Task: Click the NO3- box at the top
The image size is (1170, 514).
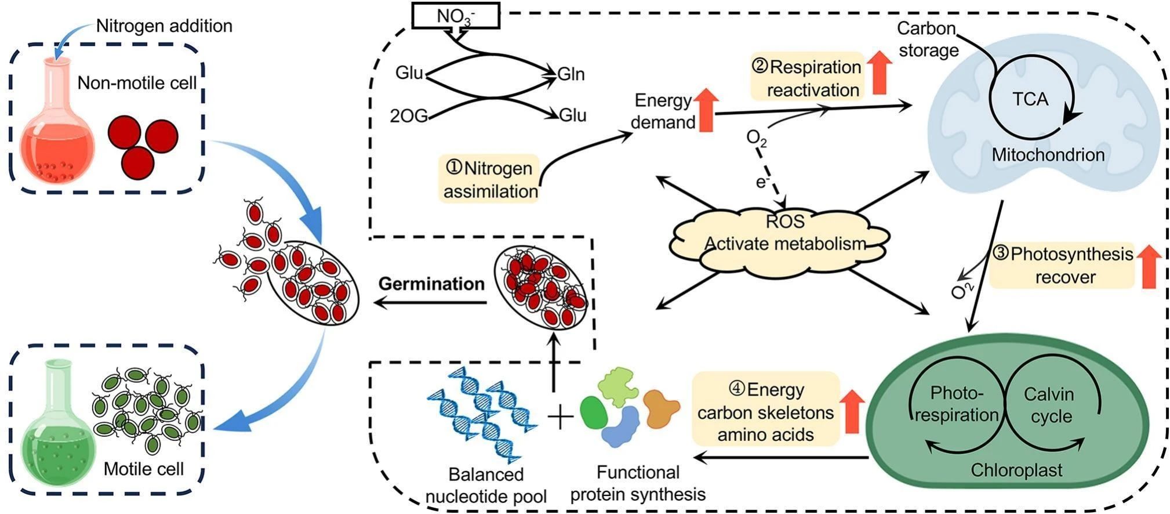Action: (456, 15)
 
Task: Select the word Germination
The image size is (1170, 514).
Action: (431, 284)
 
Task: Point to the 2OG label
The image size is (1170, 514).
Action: (409, 116)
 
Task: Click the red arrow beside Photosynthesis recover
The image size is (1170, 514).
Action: (1149, 266)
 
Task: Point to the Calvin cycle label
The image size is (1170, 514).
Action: (1049, 405)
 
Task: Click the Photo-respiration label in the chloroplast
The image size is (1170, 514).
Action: (957, 404)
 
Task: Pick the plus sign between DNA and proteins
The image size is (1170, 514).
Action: (560, 416)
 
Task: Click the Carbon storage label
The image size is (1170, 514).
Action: (928, 39)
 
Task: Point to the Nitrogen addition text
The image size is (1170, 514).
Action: (164, 26)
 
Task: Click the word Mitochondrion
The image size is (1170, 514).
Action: (1048, 154)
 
